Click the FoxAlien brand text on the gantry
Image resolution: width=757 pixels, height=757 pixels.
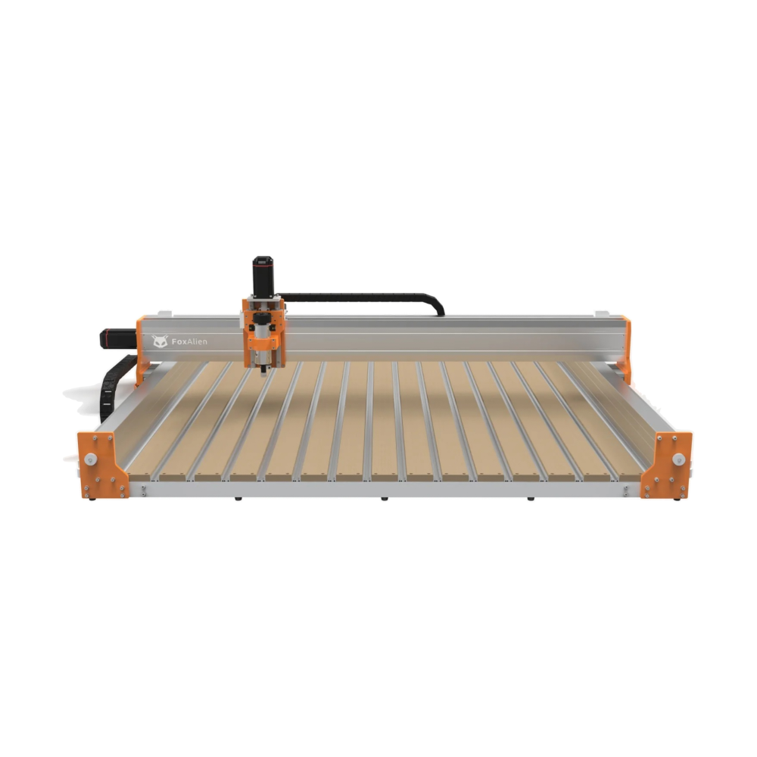(x=189, y=342)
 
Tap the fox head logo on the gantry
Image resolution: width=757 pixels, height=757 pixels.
(x=160, y=341)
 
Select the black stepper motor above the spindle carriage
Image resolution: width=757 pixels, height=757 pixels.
(x=263, y=276)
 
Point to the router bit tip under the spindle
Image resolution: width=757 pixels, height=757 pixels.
(x=263, y=372)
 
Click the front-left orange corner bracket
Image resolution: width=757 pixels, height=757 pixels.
(x=102, y=465)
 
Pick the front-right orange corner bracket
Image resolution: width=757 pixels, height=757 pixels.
(x=666, y=465)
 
